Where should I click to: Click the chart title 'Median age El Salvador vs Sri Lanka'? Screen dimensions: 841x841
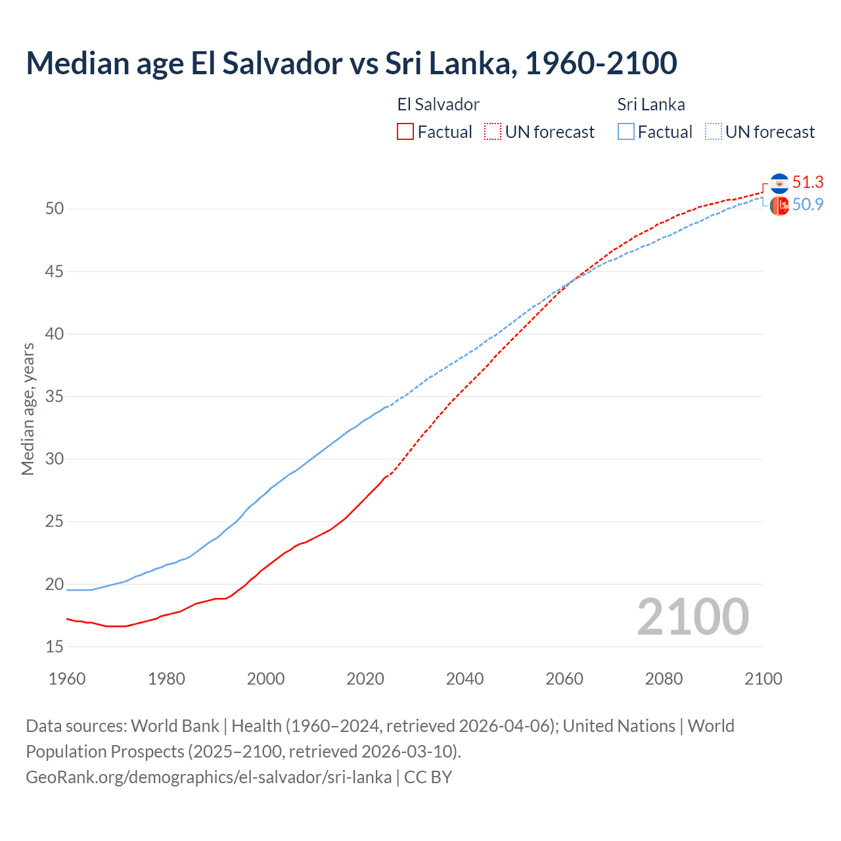click(351, 64)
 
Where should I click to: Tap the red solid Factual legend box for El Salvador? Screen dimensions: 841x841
click(405, 132)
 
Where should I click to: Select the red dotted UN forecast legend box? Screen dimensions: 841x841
click(493, 132)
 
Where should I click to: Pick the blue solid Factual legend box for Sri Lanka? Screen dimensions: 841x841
click(626, 132)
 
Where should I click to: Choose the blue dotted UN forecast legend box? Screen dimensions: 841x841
click(714, 132)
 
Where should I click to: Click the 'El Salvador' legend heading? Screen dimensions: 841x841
click(438, 104)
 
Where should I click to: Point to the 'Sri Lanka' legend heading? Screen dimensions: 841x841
click(650, 104)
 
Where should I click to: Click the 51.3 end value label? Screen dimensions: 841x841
click(807, 183)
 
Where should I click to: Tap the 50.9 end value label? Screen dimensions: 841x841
click(807, 205)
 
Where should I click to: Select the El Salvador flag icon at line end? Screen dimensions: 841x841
click(779, 183)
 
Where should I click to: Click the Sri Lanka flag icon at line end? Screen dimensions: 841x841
click(779, 206)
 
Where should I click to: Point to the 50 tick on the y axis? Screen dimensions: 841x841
click(55, 209)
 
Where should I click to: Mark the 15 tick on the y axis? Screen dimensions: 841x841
click(55, 647)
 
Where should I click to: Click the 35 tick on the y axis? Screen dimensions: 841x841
click(55, 397)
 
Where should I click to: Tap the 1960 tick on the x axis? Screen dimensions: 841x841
click(67, 679)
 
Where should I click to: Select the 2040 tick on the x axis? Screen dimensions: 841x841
click(465, 679)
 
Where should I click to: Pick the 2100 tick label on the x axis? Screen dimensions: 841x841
click(763, 679)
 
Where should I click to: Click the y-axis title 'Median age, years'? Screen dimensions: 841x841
click(28, 409)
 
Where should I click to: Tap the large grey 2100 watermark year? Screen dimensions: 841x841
click(693, 617)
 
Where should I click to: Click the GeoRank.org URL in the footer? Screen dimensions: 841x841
click(208, 777)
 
